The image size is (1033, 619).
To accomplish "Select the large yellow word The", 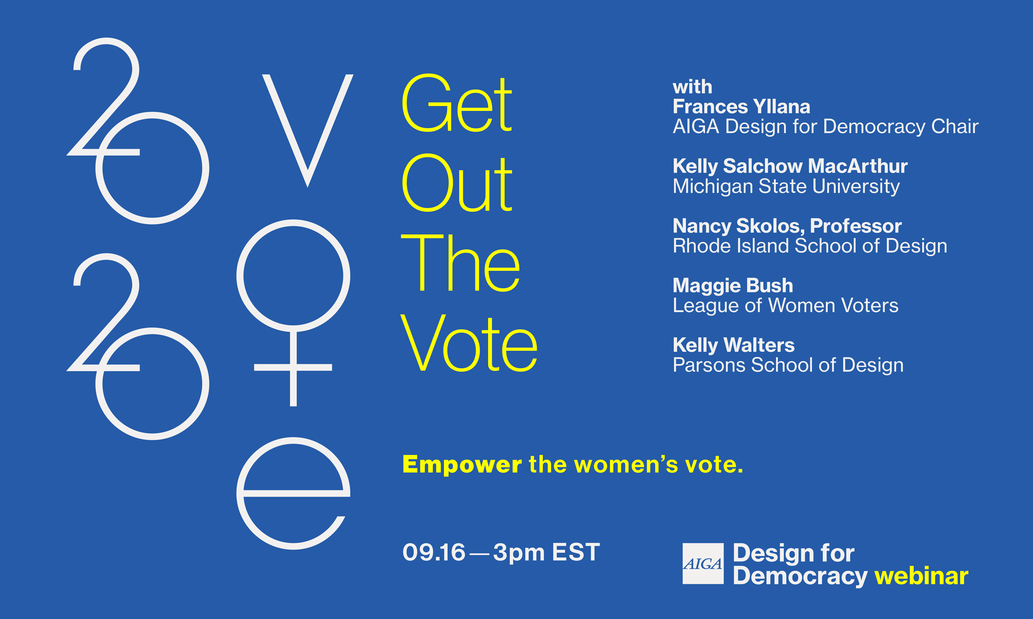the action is (x=460, y=263).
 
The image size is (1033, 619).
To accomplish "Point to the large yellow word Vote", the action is (x=469, y=343).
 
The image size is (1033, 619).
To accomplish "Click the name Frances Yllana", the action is (x=741, y=107).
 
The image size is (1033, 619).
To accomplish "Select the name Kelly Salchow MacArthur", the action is (x=790, y=166).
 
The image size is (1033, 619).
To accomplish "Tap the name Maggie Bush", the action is (x=733, y=286).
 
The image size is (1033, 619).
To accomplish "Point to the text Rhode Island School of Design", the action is (x=810, y=246).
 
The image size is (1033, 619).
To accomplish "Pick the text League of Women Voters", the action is (x=785, y=305).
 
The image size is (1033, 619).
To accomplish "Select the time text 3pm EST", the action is (x=546, y=553).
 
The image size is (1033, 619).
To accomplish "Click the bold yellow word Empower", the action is (x=462, y=465).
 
